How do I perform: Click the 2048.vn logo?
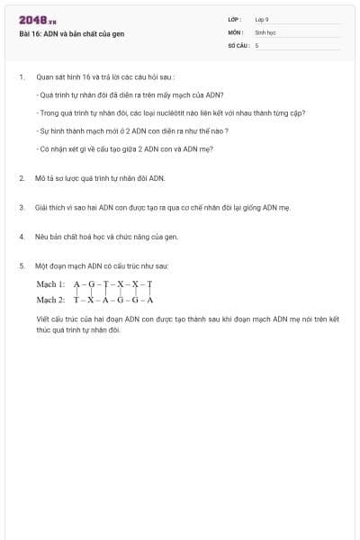(x=38, y=20)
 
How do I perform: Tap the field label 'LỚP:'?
(x=236, y=19)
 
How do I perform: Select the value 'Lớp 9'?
(x=262, y=19)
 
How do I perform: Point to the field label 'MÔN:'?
(x=237, y=31)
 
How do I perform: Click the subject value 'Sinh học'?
(x=265, y=31)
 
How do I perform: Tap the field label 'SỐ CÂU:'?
(x=239, y=44)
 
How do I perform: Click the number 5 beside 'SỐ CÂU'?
(x=257, y=44)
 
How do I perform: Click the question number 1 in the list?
(x=21, y=77)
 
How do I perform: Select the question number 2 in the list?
(x=21, y=178)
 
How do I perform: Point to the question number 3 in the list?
(x=21, y=207)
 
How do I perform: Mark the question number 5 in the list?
(x=21, y=265)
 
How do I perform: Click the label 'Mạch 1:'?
(x=50, y=283)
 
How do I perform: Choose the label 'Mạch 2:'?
(x=50, y=300)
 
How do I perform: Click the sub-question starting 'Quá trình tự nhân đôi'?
(x=130, y=95)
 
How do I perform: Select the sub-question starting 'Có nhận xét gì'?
(x=125, y=149)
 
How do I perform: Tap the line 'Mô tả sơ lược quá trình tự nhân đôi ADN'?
(x=101, y=178)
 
